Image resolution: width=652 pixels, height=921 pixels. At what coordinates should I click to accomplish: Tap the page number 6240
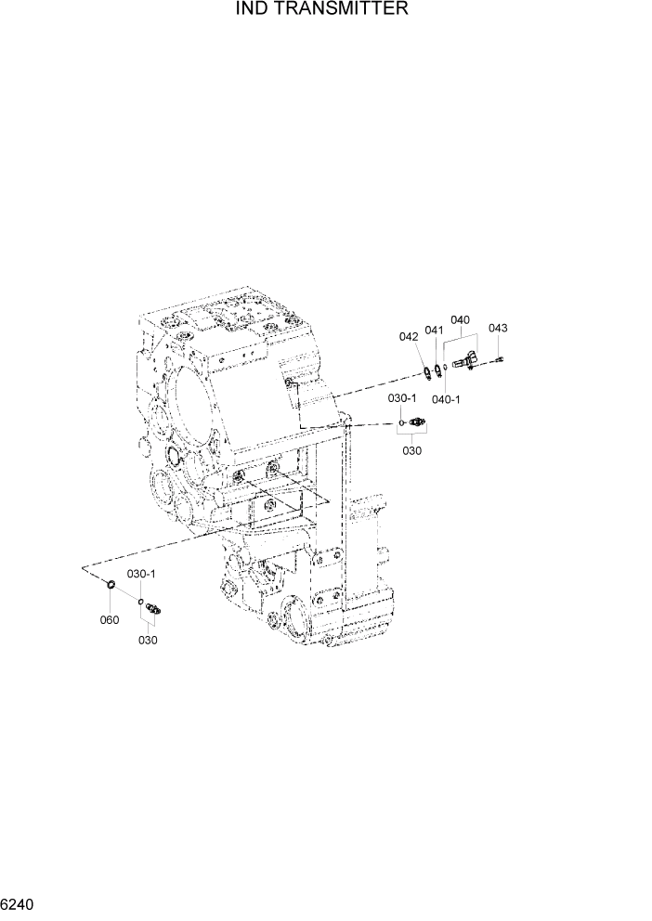20,902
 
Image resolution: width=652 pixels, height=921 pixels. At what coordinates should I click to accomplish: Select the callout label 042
409,337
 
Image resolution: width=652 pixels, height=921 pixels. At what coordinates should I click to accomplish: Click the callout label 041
434,331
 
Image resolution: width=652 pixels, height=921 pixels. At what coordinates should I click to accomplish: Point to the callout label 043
498,328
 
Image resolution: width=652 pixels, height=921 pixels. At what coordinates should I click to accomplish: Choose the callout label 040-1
447,399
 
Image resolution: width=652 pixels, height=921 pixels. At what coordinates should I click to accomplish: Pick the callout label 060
110,619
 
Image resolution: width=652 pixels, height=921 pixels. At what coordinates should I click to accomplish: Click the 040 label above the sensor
460,320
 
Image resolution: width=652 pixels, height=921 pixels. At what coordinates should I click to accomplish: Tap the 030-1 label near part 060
141,575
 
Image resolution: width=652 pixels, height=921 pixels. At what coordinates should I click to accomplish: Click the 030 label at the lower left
148,640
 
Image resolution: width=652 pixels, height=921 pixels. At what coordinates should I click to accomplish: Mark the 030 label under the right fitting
411,451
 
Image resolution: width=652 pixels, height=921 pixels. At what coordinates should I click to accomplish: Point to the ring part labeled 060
111,585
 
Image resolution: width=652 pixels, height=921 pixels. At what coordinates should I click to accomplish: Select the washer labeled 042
426,373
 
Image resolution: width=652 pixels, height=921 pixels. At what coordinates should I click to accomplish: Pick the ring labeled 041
437,371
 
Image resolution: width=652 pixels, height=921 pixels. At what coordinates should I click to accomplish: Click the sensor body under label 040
465,362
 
